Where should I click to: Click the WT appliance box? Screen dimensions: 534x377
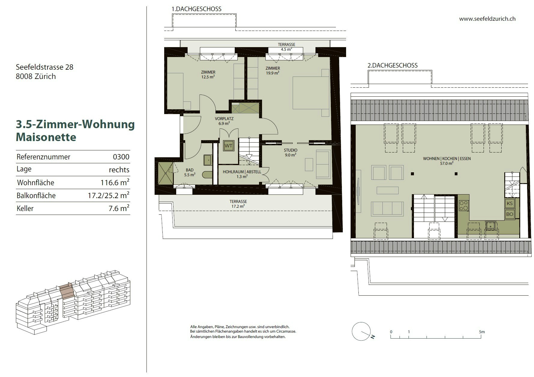pos(228,146)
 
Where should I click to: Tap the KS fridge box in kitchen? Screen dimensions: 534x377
pos(509,203)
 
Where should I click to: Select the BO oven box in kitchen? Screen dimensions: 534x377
pos(509,214)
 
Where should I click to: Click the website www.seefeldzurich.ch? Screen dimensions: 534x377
pos(487,19)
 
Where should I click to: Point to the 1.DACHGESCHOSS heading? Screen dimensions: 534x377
pos(196,9)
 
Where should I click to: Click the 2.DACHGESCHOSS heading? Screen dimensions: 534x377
pos(393,65)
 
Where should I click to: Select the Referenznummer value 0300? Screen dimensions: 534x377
pos(121,157)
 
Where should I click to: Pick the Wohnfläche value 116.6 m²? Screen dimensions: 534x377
pos(115,182)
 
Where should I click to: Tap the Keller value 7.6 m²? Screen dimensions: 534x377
pos(119,208)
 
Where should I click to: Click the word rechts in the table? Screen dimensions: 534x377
pos(119,170)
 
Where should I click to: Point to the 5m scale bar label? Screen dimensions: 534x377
pos(482,332)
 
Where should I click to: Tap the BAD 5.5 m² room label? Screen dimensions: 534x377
pos(190,172)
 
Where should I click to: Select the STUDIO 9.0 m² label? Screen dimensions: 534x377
pos(291,152)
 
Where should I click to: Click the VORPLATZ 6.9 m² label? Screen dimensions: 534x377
pos(224,121)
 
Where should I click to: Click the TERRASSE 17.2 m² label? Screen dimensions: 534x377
pos(238,204)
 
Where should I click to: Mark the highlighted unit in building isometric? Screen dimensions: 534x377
pos(67,291)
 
